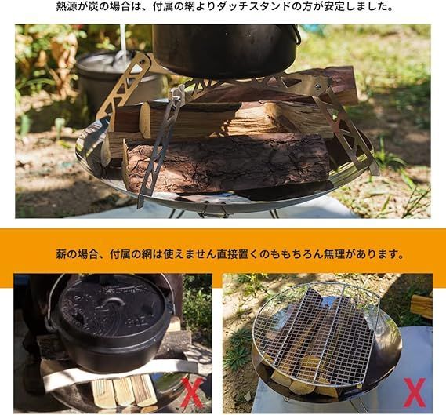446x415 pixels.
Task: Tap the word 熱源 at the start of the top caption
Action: [66, 7]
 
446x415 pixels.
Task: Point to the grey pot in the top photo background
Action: [110, 75]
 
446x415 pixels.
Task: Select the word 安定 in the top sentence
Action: [339, 7]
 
